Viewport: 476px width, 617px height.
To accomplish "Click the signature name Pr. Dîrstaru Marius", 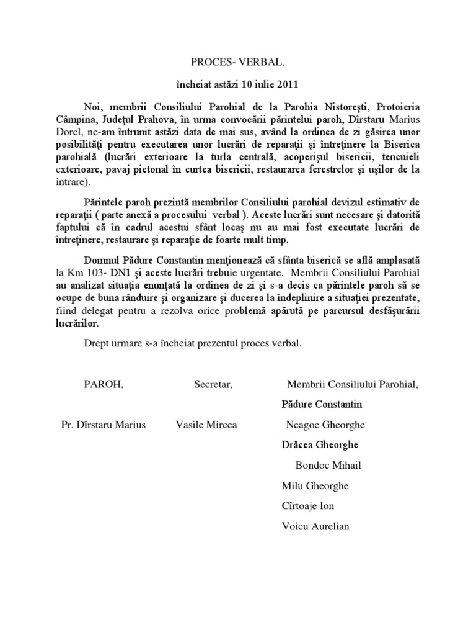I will click(103, 425).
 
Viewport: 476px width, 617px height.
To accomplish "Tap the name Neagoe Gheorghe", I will click(325, 425).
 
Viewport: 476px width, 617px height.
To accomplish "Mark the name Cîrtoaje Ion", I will click(307, 506).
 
